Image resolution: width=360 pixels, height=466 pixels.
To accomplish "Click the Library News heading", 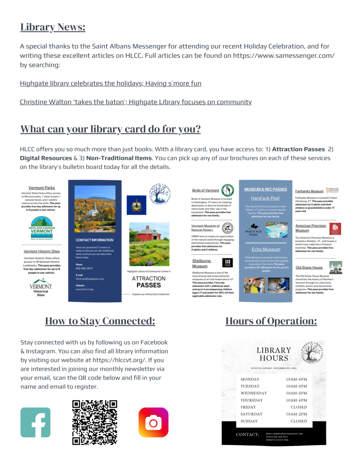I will click(x=53, y=27).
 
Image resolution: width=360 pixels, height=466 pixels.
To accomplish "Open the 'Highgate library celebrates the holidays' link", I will click(x=111, y=83).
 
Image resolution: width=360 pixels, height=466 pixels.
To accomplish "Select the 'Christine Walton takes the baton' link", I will click(x=136, y=102).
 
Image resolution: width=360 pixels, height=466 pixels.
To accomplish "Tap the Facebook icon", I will click(x=35, y=422).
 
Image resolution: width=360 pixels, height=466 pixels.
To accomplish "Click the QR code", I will click(x=95, y=422).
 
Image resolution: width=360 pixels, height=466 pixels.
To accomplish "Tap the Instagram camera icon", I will click(x=153, y=423).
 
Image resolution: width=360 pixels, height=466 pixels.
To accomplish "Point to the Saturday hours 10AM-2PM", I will click(x=296, y=414).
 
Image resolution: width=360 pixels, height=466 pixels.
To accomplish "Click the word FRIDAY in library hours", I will click(x=248, y=407).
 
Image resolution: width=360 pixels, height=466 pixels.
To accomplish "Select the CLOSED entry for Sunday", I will click(x=299, y=421).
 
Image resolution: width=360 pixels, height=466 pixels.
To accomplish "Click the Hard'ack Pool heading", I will click(x=265, y=198).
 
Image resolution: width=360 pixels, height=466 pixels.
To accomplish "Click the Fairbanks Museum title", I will click(x=309, y=191).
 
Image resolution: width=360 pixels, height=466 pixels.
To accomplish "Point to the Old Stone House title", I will click(x=309, y=267).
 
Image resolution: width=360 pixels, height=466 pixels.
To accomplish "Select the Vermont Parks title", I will click(x=41, y=188).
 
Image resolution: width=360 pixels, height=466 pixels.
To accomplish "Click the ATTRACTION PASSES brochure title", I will click(x=148, y=282).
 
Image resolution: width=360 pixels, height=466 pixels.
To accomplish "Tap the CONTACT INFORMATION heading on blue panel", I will click(x=95, y=240).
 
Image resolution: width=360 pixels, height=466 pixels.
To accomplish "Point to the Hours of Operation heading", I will click(x=271, y=321).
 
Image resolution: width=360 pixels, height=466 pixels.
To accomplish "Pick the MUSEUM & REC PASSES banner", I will click(x=265, y=189).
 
